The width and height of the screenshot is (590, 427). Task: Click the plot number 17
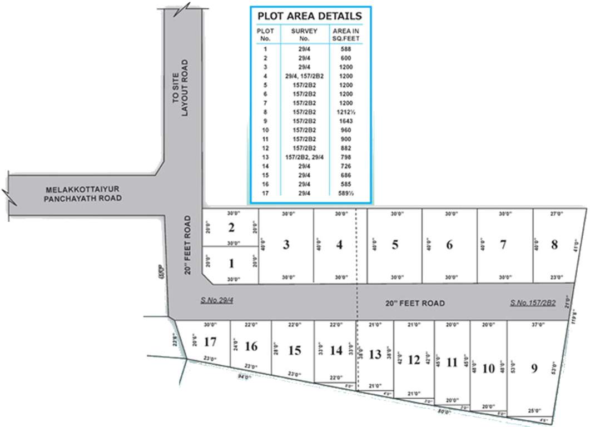[210, 341]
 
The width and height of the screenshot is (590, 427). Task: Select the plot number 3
[286, 245]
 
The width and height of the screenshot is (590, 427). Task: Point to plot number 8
[554, 245]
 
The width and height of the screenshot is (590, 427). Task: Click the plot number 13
[375, 354]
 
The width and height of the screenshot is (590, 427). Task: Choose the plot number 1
[232, 263]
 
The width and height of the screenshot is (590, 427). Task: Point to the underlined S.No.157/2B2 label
[533, 303]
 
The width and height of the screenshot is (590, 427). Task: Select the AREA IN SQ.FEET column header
[346, 34]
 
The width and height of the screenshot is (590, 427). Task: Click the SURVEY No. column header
[304, 34]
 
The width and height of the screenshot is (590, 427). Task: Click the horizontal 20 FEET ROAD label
[415, 303]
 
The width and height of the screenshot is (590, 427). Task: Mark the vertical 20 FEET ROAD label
[188, 245]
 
